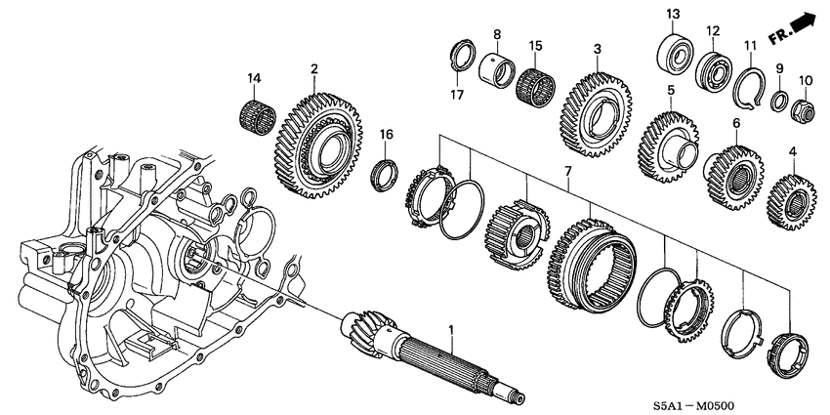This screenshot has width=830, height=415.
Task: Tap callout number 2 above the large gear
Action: click(x=314, y=68)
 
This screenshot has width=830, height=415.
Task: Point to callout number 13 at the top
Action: click(x=672, y=13)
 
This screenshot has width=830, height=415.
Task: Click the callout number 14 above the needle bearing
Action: click(x=255, y=77)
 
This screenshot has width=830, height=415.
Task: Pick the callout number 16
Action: click(x=386, y=134)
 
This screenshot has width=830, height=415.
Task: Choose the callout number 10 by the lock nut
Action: click(x=806, y=80)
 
